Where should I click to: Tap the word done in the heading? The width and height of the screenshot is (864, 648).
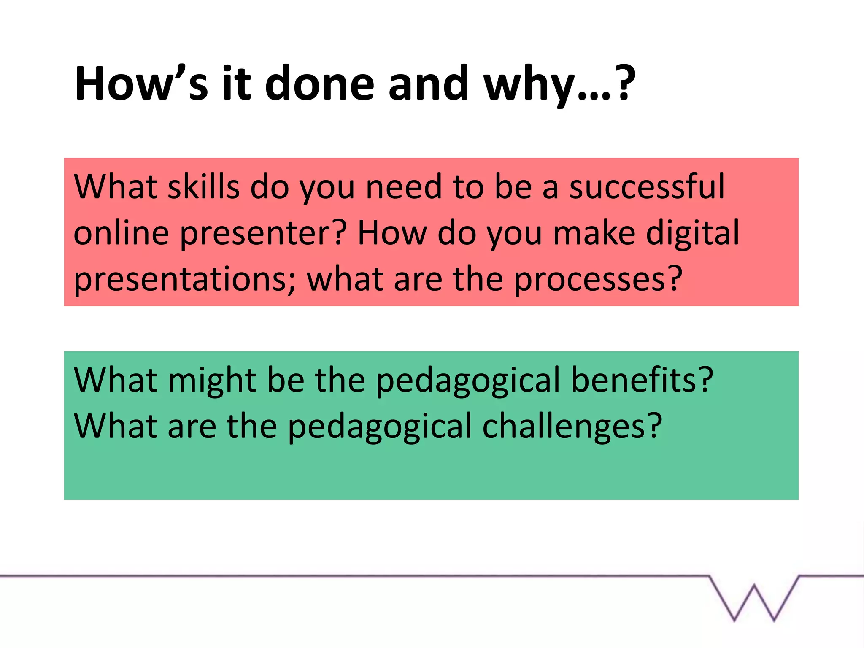[x=319, y=84]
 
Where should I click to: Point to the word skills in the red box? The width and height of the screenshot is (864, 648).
[x=204, y=186]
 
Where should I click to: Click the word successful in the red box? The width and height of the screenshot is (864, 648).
[x=647, y=186]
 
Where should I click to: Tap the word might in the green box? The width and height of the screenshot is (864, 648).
[x=212, y=381]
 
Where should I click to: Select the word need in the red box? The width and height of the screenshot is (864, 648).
[x=403, y=186]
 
